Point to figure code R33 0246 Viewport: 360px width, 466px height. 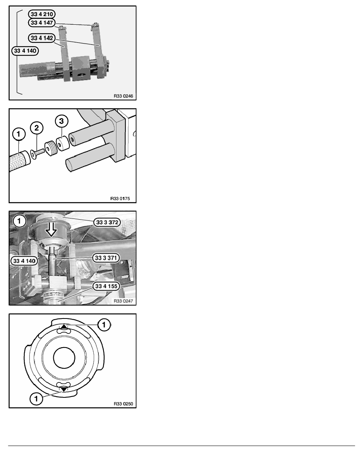click(x=122, y=96)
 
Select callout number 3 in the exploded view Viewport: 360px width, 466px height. click(x=60, y=120)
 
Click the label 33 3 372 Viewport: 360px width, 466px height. click(x=106, y=222)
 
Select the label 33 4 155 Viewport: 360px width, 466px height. click(x=106, y=286)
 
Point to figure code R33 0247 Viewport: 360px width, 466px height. click(x=122, y=301)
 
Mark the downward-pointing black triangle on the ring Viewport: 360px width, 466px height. click(x=64, y=389)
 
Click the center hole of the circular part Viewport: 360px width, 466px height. click(x=64, y=358)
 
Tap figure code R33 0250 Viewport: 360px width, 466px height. click(x=122, y=403)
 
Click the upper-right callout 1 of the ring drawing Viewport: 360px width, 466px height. click(x=104, y=324)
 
